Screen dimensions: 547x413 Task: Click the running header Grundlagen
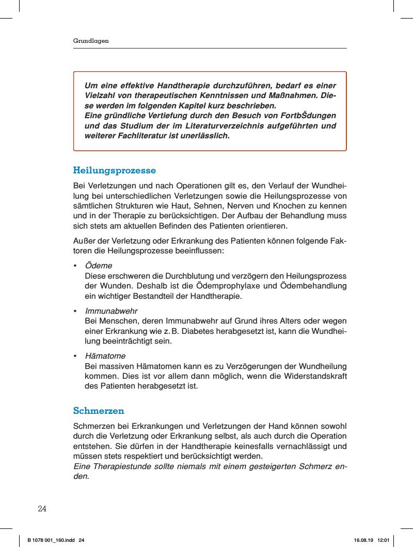click(90, 40)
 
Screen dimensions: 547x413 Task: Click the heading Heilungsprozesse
click(115, 170)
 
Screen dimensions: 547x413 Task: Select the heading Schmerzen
click(99, 411)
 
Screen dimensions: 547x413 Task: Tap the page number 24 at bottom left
click(42, 509)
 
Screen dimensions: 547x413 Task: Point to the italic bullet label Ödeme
click(99, 266)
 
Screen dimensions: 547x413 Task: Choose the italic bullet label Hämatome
click(105, 356)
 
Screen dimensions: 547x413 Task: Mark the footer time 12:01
click(383, 540)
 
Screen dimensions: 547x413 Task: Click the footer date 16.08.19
click(363, 540)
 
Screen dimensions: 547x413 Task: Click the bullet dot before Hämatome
click(75, 356)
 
